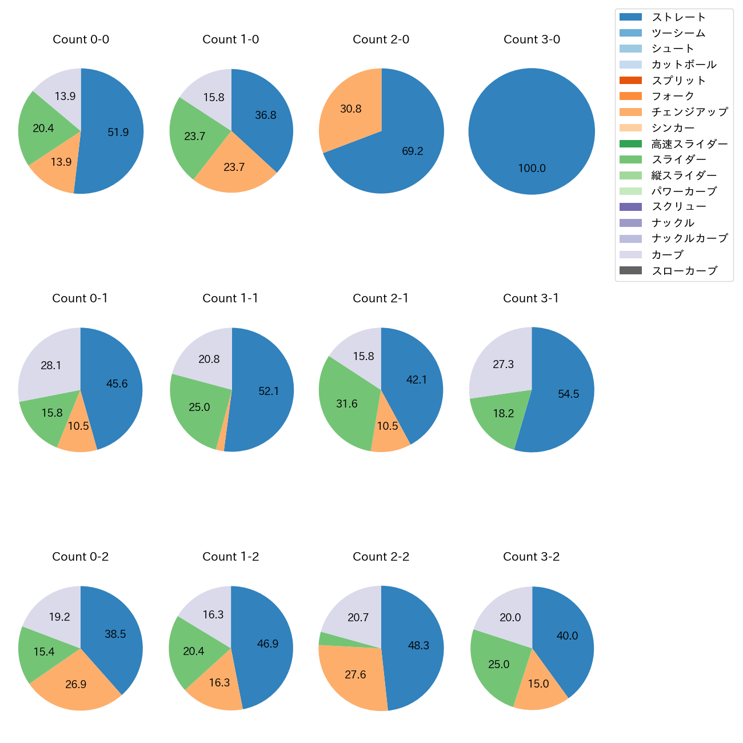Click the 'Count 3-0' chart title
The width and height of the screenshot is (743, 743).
point(532,39)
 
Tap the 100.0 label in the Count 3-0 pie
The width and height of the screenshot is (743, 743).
point(532,168)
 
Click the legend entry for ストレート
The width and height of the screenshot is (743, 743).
point(678,17)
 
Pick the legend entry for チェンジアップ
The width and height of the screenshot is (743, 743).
point(689,112)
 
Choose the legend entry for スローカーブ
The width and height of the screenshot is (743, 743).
point(684,271)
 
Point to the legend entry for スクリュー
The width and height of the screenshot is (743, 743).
point(678,207)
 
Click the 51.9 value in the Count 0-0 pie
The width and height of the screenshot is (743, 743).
point(118,132)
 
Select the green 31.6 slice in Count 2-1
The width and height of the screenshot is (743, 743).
point(346,404)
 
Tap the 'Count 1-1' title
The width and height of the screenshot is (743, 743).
point(230,298)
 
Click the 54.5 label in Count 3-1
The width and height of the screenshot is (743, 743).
point(568,394)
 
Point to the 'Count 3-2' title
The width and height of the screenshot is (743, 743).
point(531,557)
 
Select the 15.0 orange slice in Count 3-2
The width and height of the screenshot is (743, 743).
point(538,684)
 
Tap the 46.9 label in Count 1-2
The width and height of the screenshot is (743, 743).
point(267,644)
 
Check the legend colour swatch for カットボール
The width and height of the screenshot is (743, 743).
point(630,65)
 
